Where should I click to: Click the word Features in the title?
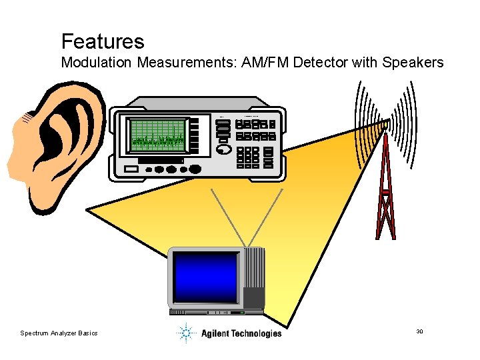coord(102,42)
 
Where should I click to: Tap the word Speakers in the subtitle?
coord(413,63)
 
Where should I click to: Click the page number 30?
coord(420,331)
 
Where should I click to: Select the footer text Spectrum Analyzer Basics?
coord(59,333)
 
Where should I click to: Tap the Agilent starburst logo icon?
coord(186,332)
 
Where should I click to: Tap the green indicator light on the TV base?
coord(243,312)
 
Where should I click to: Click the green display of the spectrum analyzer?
coord(159,134)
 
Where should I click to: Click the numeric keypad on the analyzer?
coord(249,157)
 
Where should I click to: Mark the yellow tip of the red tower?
coord(385,125)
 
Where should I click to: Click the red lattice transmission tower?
coord(385,193)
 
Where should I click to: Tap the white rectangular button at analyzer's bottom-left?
coord(131,169)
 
